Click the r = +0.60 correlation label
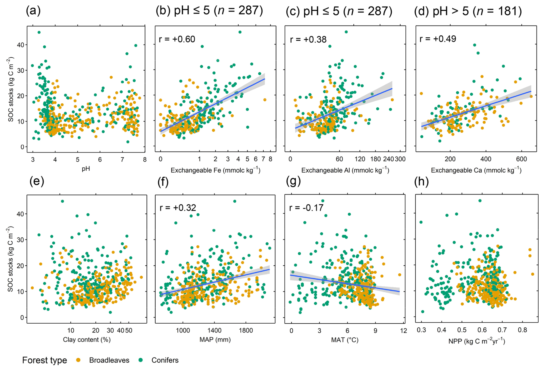[x=177, y=39]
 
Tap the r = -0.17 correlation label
[x=306, y=208]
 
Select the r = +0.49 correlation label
[x=438, y=39]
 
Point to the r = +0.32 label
[x=178, y=208]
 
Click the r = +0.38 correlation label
[x=308, y=39]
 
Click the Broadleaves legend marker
[x=78, y=360]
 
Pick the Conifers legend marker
[x=141, y=360]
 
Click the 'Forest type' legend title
[x=45, y=360]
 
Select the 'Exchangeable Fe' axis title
[x=215, y=170]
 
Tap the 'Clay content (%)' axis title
[x=87, y=340]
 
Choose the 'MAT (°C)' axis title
[x=344, y=340]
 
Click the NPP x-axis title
[x=476, y=341]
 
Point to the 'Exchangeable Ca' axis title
[x=476, y=170]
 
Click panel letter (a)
[x=33, y=11]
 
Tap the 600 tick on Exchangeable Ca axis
[x=521, y=159]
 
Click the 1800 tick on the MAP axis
[x=246, y=331]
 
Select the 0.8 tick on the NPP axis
[x=522, y=330]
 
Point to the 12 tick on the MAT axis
[x=403, y=331]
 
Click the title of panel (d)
[x=468, y=11]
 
